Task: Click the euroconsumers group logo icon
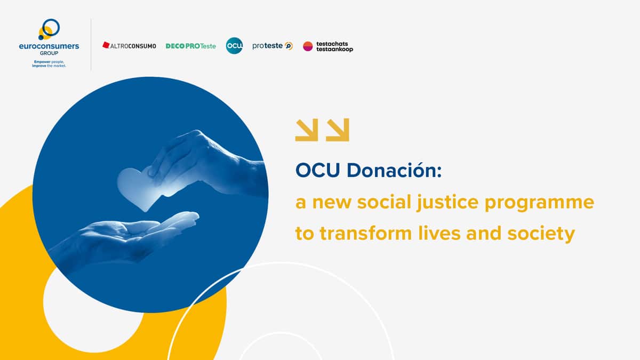coord(49,29)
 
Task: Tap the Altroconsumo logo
coord(129,46)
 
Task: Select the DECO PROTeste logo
coord(191,46)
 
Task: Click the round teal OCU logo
coord(234,46)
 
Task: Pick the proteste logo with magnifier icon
coord(273,46)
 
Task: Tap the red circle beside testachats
coord(308,46)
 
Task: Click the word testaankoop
coord(334,49)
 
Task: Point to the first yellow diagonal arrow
coord(307,130)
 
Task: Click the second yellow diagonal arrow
coord(338,130)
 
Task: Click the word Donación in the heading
coord(394,170)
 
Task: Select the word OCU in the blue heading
coord(317,171)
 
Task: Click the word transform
coord(366,233)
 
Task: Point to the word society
coord(541,234)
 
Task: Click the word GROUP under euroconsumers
coord(49,53)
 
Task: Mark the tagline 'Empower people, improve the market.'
coord(49,63)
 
